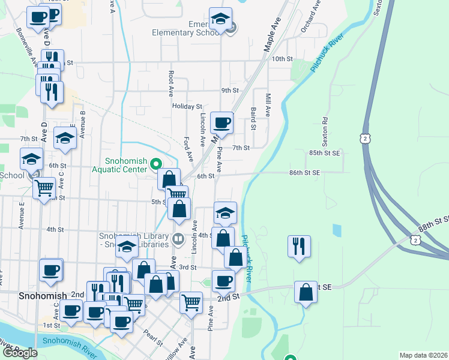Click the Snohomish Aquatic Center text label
(125, 165)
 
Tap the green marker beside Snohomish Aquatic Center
(156, 163)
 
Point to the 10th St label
(282, 59)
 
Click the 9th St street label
(230, 91)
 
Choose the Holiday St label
(187, 106)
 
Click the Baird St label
(254, 119)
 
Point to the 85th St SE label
(325, 153)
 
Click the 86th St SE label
(304, 172)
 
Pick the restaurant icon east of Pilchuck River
(299, 245)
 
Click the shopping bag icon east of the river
(306, 292)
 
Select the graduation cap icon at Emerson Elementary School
(220, 19)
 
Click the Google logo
(20, 353)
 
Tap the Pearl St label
(153, 338)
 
